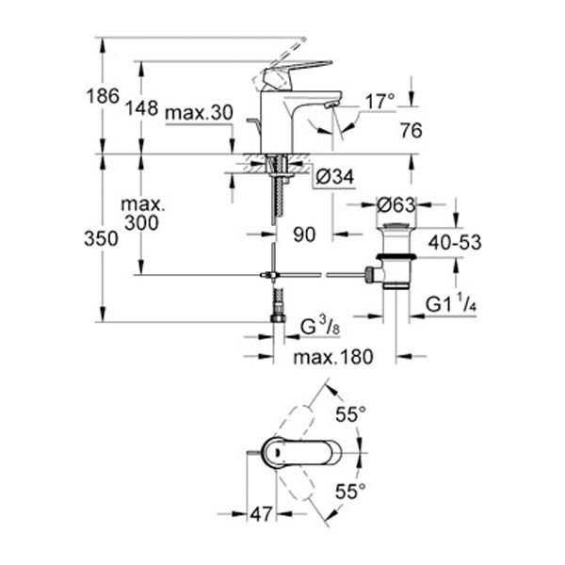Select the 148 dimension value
[142, 107]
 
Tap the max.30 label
[198, 113]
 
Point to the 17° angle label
[379, 100]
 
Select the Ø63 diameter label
[395, 204]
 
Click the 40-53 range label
[453, 242]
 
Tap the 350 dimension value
[101, 238]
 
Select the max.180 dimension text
[332, 357]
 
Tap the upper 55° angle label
[350, 412]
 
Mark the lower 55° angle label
[350, 491]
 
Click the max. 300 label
[142, 213]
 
